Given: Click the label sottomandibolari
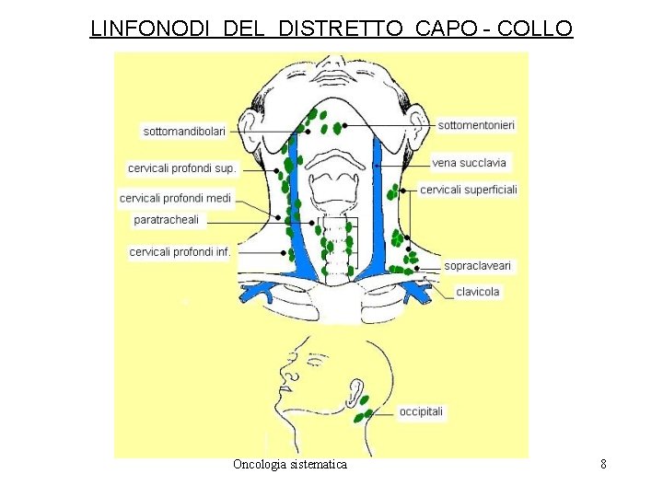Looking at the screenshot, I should tap(184, 132).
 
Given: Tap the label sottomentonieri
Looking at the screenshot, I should tap(476, 124).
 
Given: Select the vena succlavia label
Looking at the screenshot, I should tap(469, 163).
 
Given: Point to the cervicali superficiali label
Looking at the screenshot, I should tap(468, 190).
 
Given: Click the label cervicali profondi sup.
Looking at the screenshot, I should tap(181, 168).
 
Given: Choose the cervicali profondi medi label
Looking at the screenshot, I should tap(175, 198).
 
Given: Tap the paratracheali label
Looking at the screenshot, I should tap(167, 219).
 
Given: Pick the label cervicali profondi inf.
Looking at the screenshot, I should tap(180, 251).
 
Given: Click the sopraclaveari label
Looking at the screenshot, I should tap(477, 265).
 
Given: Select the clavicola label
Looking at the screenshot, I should tap(478, 292).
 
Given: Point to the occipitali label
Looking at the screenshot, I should tap(421, 411).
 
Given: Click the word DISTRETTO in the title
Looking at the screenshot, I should tap(340, 29).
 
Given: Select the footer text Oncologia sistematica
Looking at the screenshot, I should tap(290, 464).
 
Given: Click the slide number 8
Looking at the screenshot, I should tap(603, 464).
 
